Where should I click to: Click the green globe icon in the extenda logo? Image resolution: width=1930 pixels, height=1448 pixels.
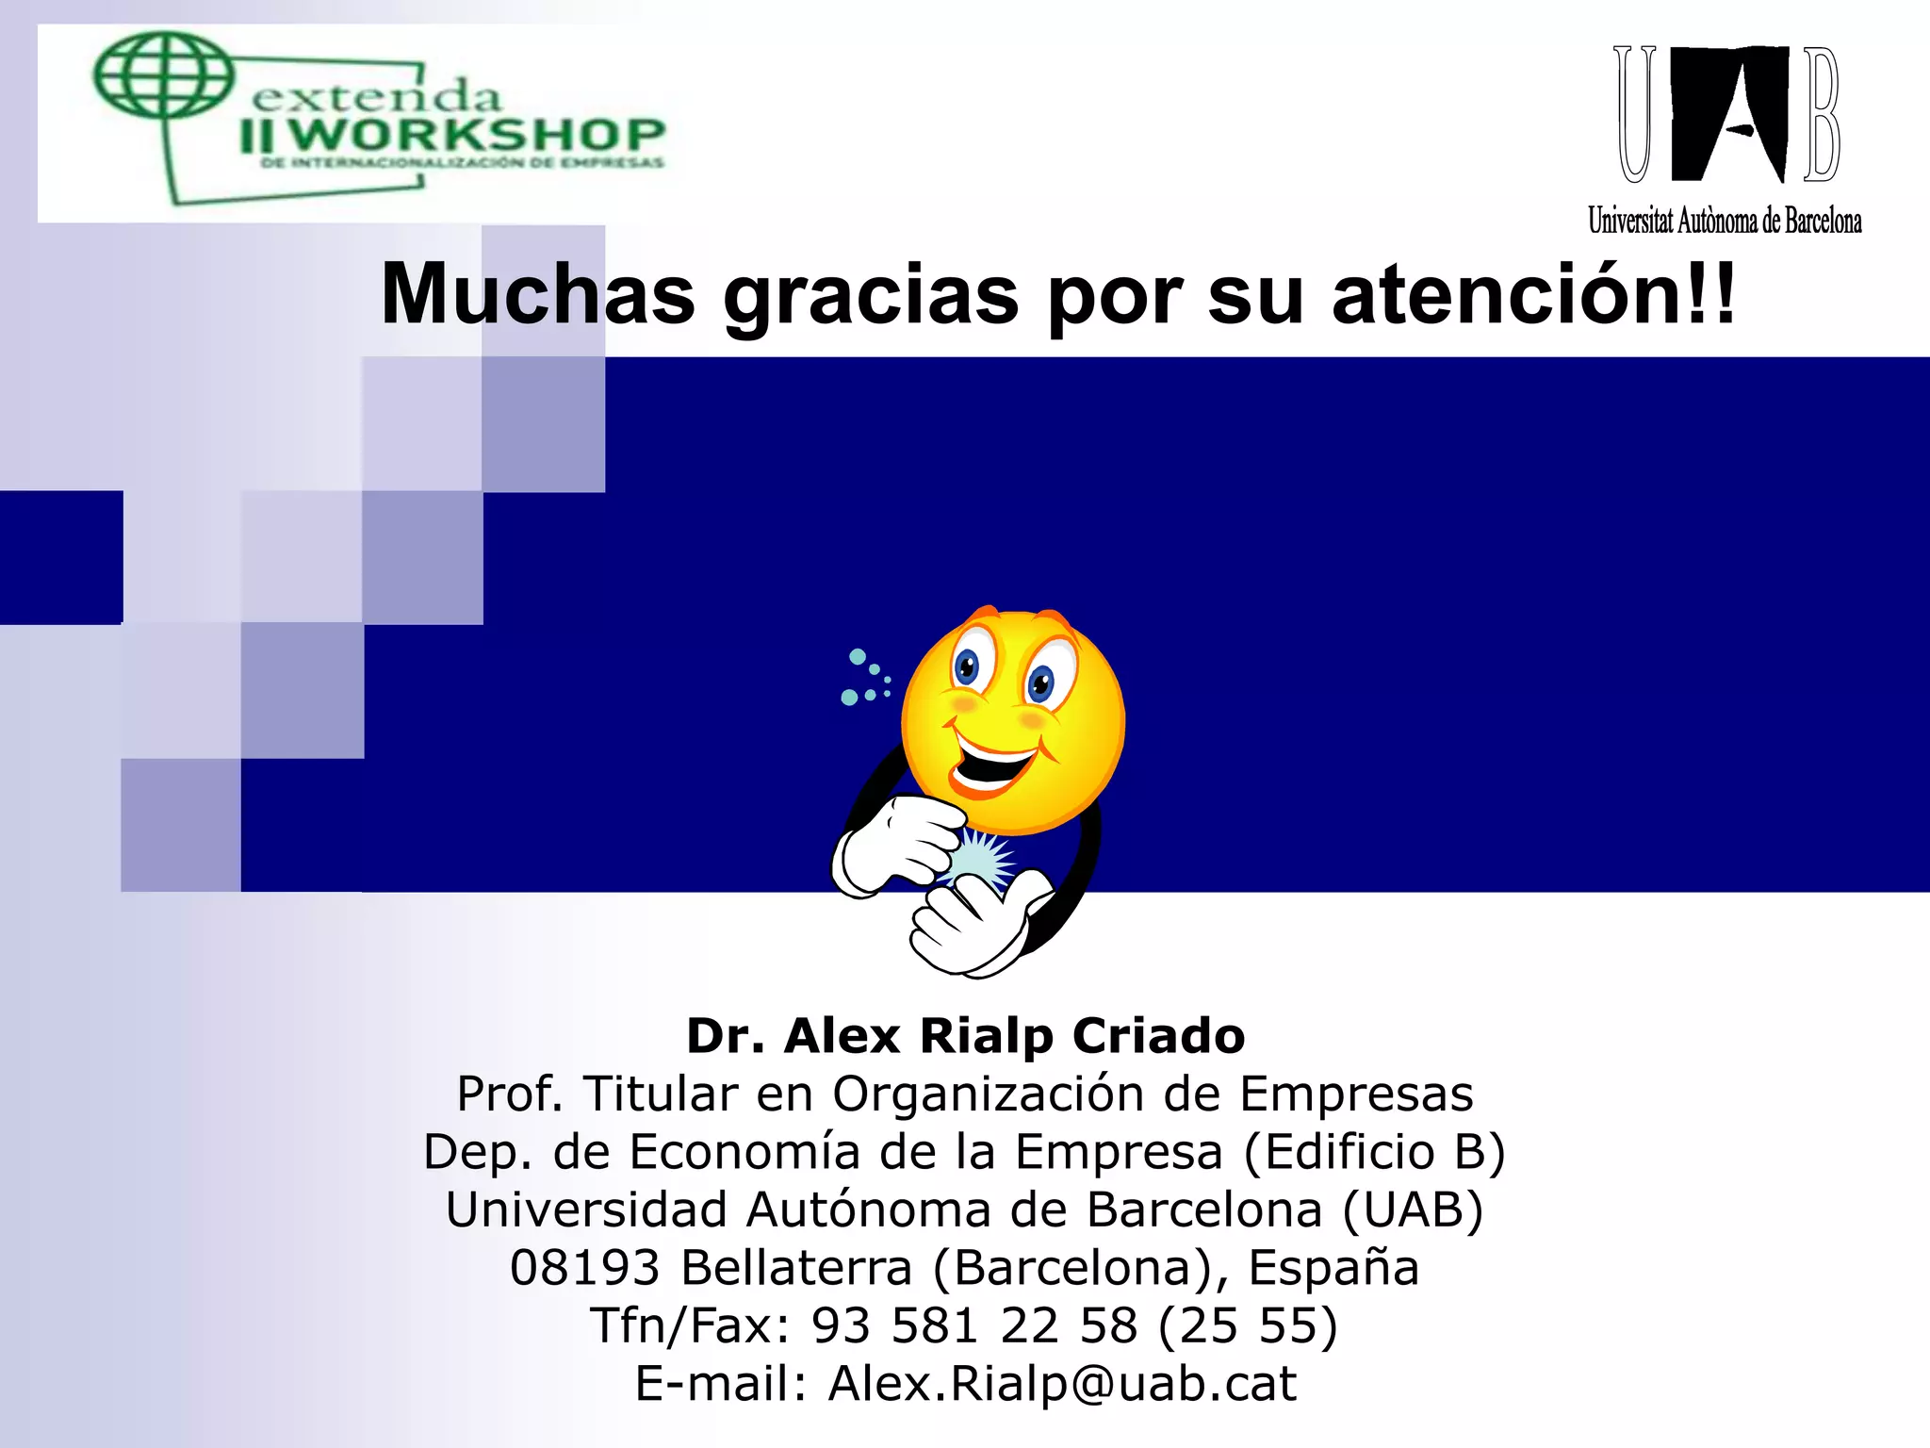click(x=162, y=75)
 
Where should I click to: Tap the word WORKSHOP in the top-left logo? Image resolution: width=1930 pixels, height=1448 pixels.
click(x=476, y=135)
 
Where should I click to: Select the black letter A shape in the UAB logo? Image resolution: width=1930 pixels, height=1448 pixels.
click(x=1729, y=113)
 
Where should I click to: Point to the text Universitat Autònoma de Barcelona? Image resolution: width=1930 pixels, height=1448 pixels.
click(x=1725, y=221)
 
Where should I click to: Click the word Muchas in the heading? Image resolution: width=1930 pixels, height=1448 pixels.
click(x=537, y=294)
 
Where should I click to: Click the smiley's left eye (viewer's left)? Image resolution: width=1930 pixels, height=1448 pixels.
click(x=968, y=666)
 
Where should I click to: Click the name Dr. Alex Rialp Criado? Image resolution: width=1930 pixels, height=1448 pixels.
click(x=965, y=1036)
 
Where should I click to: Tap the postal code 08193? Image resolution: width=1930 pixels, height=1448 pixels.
click(x=584, y=1267)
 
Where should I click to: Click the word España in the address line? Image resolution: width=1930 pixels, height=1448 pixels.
click(x=1333, y=1267)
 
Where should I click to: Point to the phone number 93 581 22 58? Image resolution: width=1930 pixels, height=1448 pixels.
click(x=974, y=1325)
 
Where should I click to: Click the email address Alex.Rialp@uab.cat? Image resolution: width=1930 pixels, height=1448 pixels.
click(x=1062, y=1383)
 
